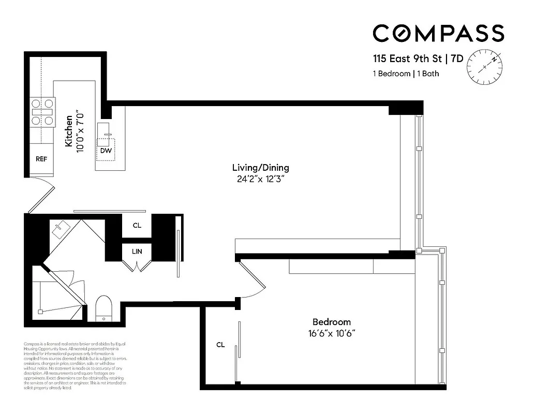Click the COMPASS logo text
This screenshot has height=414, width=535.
point(438,34)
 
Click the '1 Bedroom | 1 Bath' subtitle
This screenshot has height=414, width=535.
point(406,73)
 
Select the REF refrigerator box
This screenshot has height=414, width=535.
point(41,159)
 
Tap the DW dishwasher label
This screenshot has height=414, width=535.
point(106,151)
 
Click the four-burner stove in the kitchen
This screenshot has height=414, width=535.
point(42,112)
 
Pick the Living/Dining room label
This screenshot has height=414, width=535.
point(260,168)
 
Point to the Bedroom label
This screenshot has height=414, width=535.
point(331,322)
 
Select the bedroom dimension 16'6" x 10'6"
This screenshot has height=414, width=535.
point(331,334)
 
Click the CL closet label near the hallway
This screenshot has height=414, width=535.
point(137,225)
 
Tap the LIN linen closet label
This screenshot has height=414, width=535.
point(137,252)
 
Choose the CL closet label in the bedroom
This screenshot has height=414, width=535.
point(220,344)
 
